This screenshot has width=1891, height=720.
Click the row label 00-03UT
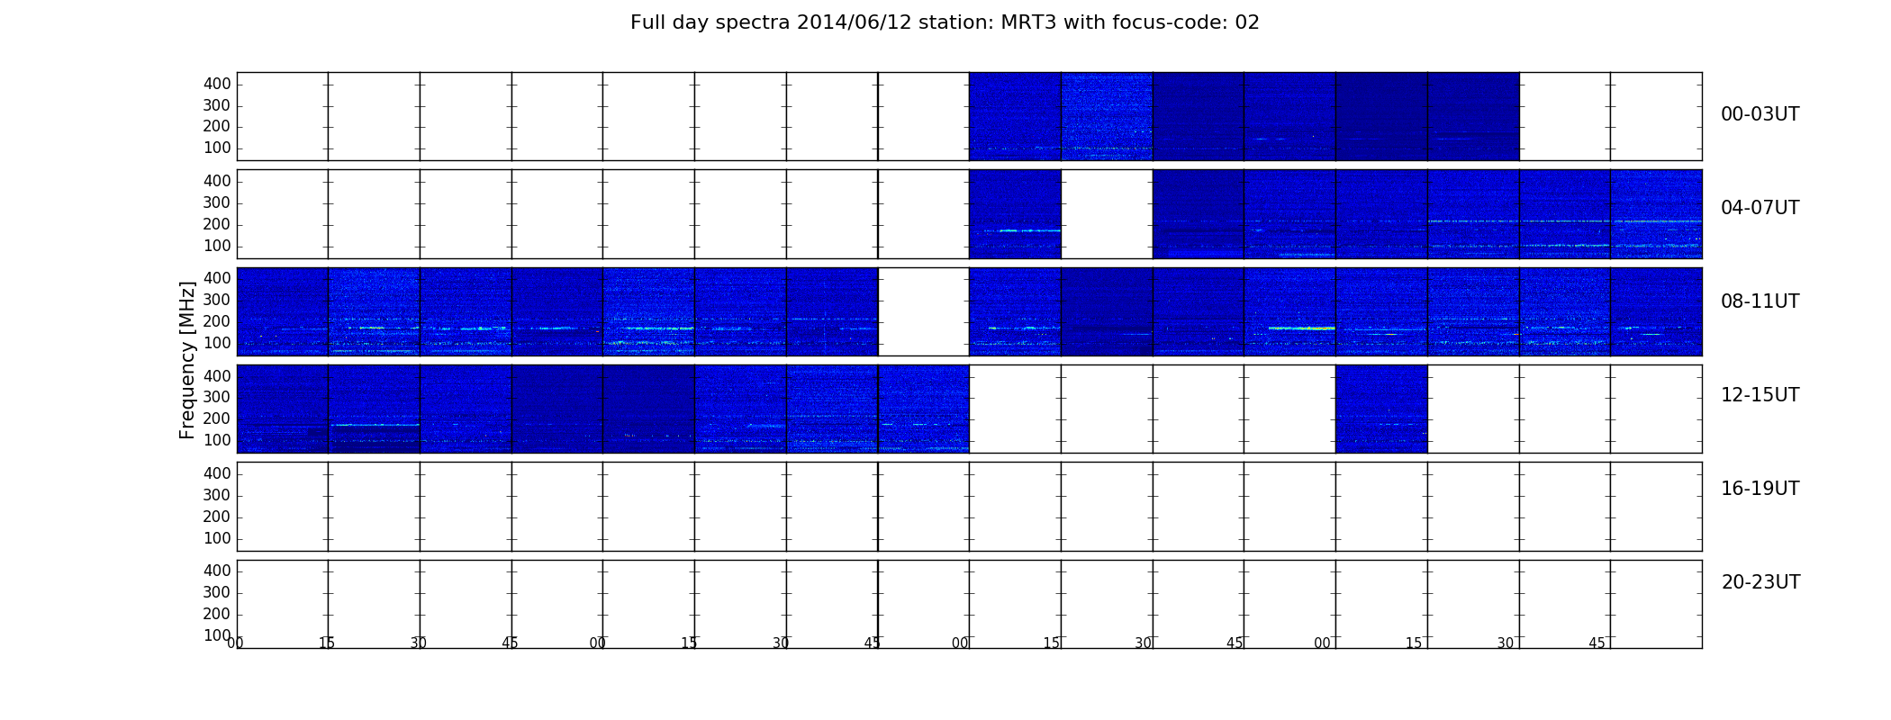(x=1760, y=114)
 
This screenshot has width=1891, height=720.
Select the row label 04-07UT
(x=1760, y=208)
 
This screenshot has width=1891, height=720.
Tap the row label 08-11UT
(x=1760, y=301)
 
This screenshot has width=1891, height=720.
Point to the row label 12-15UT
(x=1760, y=395)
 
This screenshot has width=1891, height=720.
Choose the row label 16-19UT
(x=1760, y=489)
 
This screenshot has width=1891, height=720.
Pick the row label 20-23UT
(x=1760, y=582)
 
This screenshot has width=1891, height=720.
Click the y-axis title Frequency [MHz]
(x=187, y=360)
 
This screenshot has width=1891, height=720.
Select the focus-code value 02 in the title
(x=1247, y=22)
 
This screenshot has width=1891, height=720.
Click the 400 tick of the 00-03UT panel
(x=217, y=84)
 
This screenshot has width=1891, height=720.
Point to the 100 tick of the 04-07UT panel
(x=217, y=246)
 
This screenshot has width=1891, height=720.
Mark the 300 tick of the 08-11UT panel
(x=217, y=300)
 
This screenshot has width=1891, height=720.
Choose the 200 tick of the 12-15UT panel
(x=217, y=418)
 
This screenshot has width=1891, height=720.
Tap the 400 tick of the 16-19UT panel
(x=217, y=473)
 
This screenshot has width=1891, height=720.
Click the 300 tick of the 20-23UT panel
(x=217, y=592)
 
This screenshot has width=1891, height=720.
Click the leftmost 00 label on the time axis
(x=235, y=643)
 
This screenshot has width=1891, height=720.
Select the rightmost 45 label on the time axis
(x=1597, y=643)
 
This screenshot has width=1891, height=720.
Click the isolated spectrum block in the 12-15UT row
(x=1381, y=409)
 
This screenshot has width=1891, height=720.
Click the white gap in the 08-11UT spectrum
(x=923, y=311)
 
